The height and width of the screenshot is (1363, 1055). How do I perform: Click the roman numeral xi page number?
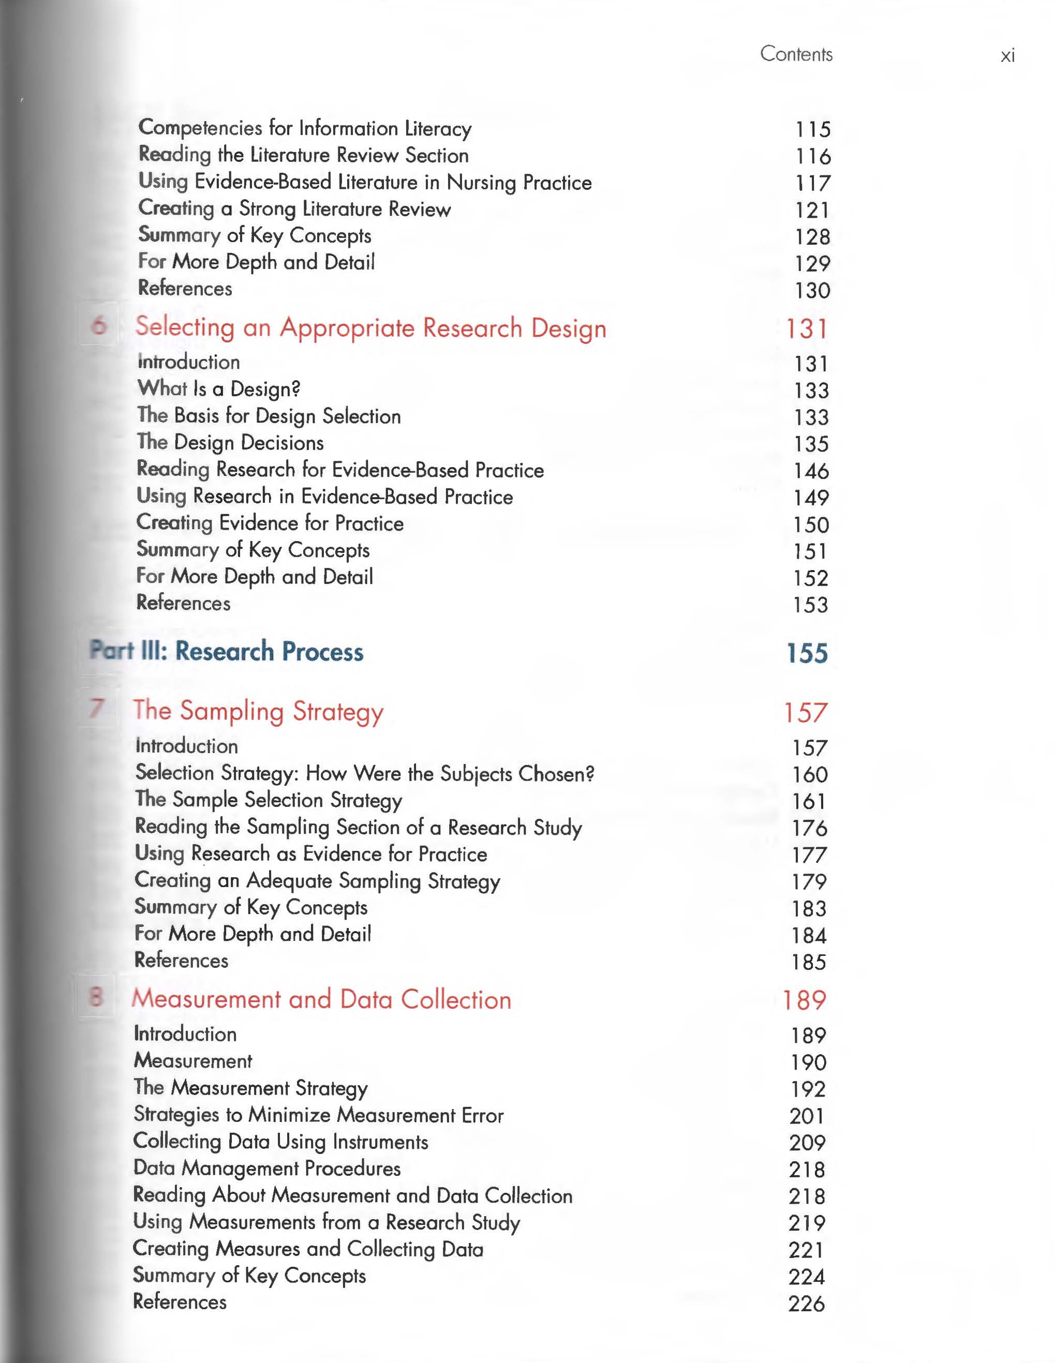click(1007, 56)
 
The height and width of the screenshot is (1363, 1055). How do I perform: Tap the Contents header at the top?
click(796, 54)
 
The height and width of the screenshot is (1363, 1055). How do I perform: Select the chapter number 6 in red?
click(99, 325)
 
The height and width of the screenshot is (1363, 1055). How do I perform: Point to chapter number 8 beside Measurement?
click(96, 996)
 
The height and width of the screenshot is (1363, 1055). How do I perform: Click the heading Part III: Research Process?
click(226, 651)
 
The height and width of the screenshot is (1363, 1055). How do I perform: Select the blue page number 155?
click(807, 653)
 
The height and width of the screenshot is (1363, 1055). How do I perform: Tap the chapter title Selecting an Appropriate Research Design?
click(371, 327)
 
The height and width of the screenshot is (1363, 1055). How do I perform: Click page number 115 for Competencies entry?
click(812, 129)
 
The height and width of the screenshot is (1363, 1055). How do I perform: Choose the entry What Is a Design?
click(218, 389)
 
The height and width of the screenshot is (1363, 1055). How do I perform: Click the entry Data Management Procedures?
click(266, 1167)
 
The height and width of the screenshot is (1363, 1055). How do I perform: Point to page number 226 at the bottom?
click(806, 1304)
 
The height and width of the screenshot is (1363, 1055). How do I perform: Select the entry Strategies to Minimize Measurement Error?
click(318, 1115)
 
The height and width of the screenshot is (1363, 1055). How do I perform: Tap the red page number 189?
click(805, 1000)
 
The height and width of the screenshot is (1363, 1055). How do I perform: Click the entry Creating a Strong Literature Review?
click(294, 208)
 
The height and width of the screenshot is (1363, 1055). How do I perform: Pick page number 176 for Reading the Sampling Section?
click(809, 828)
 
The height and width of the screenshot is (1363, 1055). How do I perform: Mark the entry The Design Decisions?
click(230, 442)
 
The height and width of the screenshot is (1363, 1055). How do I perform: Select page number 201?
click(807, 1116)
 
